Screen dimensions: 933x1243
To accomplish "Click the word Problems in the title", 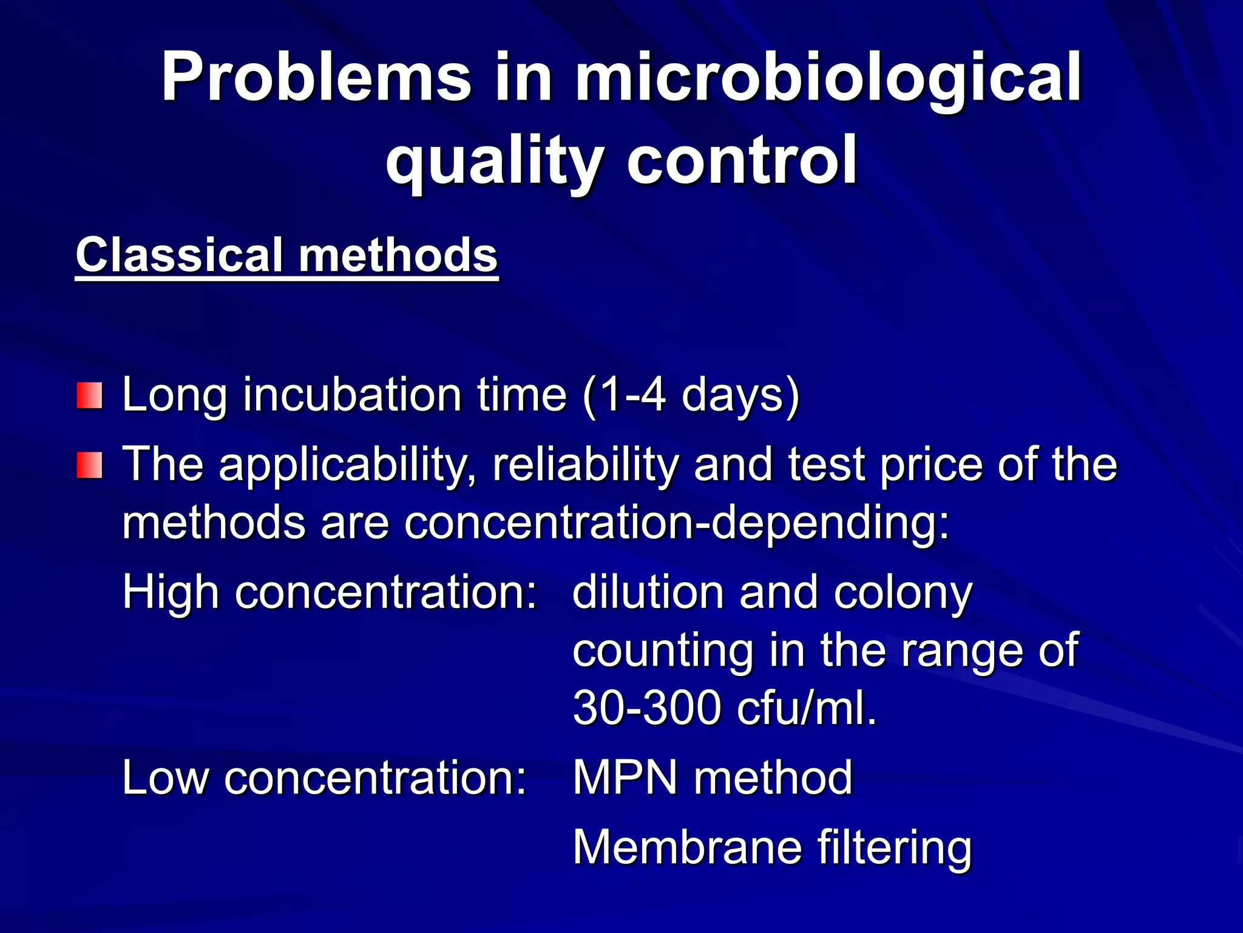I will (316, 78).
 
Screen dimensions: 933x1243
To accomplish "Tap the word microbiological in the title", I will (828, 78).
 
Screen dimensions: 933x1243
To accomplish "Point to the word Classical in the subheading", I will (179, 255).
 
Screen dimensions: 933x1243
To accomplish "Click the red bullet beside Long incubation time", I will (90, 395).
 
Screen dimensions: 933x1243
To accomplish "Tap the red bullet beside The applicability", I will (90, 465).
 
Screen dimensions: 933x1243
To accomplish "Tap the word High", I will (171, 592).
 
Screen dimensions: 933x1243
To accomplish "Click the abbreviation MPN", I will (625, 777).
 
